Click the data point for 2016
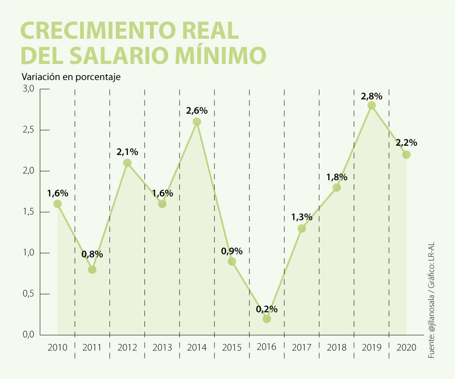[x=266, y=319]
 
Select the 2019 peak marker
[x=371, y=105]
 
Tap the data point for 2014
[x=197, y=122]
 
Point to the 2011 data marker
[x=92, y=270]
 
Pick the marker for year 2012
[x=127, y=163]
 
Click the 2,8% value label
[x=372, y=96]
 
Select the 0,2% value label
[x=267, y=309]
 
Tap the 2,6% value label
[x=197, y=111]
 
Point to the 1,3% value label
[x=302, y=217]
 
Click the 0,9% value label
[x=232, y=251]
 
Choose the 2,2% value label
[x=406, y=143]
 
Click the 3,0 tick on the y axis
[x=28, y=89]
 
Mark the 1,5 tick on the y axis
[x=28, y=212]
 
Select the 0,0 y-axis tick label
[x=28, y=335]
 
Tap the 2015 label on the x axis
[x=232, y=348]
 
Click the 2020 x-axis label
[x=406, y=348]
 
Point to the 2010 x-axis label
[x=57, y=348]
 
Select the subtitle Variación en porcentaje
[x=71, y=77]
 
